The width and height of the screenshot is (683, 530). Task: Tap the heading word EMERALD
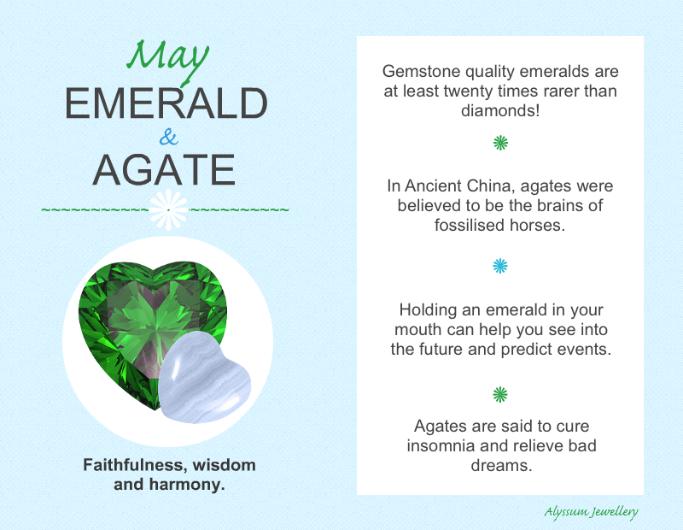[166, 103]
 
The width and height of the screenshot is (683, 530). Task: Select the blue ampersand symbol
[168, 137]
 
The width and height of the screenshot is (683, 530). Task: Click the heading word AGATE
[164, 170]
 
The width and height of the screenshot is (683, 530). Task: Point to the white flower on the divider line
[168, 209]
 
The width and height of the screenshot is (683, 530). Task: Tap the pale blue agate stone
[204, 378]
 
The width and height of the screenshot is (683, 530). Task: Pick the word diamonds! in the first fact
[500, 110]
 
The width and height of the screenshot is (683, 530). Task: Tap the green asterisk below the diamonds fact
[500, 143]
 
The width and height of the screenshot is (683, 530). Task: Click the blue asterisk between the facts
[500, 266]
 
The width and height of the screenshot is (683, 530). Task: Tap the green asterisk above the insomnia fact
[500, 394]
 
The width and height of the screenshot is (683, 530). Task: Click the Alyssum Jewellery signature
[591, 512]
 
